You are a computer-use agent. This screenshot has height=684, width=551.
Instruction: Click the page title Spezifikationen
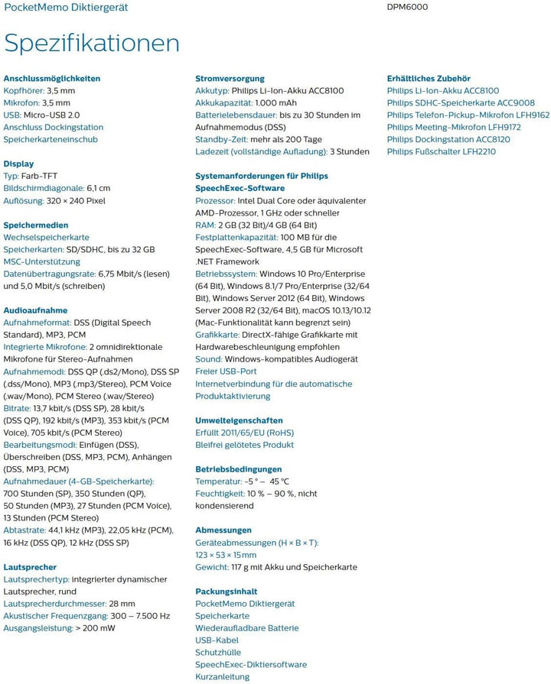[x=92, y=43]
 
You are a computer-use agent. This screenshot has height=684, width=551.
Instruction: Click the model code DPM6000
[x=408, y=7]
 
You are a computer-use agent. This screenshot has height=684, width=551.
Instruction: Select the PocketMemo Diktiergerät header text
[x=66, y=7]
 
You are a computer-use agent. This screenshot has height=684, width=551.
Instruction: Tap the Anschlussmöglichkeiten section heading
[x=52, y=79]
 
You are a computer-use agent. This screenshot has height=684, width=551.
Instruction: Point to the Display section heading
[x=18, y=164]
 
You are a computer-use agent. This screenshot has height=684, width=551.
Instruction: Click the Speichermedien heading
[x=36, y=225]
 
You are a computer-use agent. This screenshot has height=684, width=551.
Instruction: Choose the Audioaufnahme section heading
[x=35, y=311]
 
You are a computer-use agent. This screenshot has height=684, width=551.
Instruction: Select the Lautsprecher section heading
[x=30, y=568]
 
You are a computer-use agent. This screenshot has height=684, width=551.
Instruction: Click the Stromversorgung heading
[x=230, y=79]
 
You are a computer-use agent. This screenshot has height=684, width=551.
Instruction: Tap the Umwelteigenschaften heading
[x=239, y=421]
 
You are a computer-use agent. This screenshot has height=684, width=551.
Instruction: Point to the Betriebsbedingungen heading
[x=238, y=469]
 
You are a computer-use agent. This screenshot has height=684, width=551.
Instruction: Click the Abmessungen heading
[x=223, y=530]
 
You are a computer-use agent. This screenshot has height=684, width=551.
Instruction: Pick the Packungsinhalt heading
[x=226, y=592]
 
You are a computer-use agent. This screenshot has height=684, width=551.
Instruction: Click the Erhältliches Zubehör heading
[x=429, y=79]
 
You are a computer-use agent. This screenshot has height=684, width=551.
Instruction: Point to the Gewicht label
[x=211, y=567]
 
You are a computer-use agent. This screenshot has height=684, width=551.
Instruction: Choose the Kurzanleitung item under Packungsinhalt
[x=223, y=677]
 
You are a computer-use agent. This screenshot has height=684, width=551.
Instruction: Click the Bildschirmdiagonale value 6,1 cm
[x=94, y=189]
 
